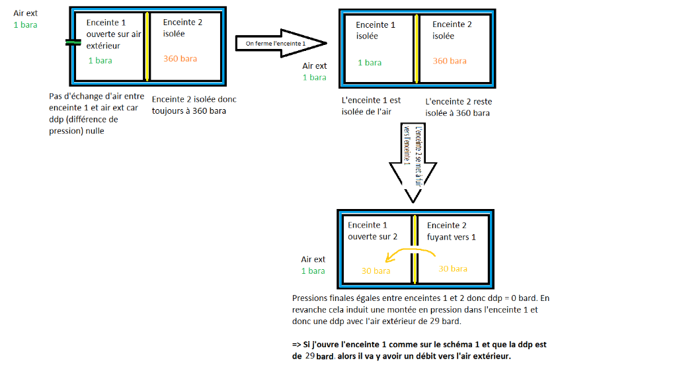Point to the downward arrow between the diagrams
[413, 162]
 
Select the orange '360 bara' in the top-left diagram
[180, 59]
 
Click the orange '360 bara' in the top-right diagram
[450, 61]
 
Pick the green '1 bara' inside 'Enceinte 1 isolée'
[370, 63]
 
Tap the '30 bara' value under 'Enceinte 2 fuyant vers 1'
[453, 269]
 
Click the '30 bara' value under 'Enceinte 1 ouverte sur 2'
[376, 271]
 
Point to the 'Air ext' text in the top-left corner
[26, 13]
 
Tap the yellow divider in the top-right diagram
[417, 48]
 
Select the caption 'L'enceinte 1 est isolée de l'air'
[371, 106]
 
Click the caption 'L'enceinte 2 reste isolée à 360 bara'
[458, 107]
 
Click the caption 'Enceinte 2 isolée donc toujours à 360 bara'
[194, 105]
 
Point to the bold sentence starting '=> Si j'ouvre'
[418, 350]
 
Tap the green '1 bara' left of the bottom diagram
[313, 271]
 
